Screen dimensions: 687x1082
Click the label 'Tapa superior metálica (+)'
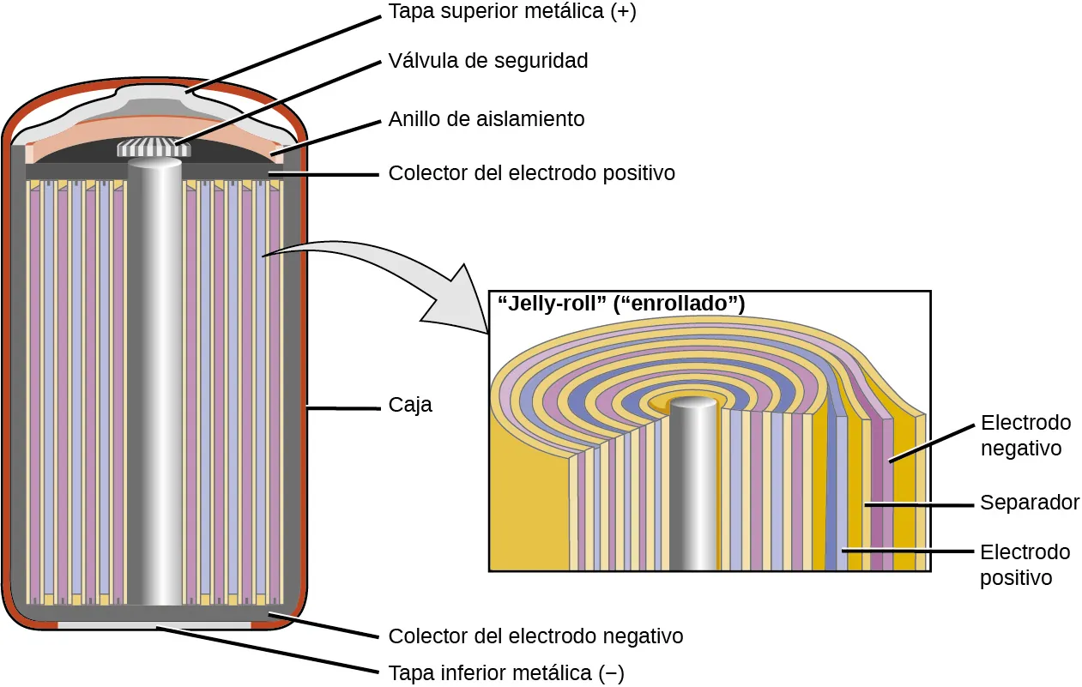click(512, 14)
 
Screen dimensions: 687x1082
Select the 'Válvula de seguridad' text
click(488, 61)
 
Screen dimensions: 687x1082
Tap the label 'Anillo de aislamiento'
click(487, 118)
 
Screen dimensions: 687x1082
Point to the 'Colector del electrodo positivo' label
click(531, 173)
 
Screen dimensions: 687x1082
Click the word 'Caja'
click(410, 405)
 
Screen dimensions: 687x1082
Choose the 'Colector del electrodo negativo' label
click(535, 636)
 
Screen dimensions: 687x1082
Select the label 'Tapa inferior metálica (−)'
click(506, 673)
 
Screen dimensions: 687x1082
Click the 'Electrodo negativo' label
click(1025, 436)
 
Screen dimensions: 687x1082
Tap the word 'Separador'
click(1030, 503)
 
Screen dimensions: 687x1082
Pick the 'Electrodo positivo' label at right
click(1025, 564)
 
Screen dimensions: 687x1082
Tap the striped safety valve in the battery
click(154, 148)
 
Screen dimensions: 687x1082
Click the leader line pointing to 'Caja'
click(343, 409)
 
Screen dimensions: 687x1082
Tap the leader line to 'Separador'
click(918, 504)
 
